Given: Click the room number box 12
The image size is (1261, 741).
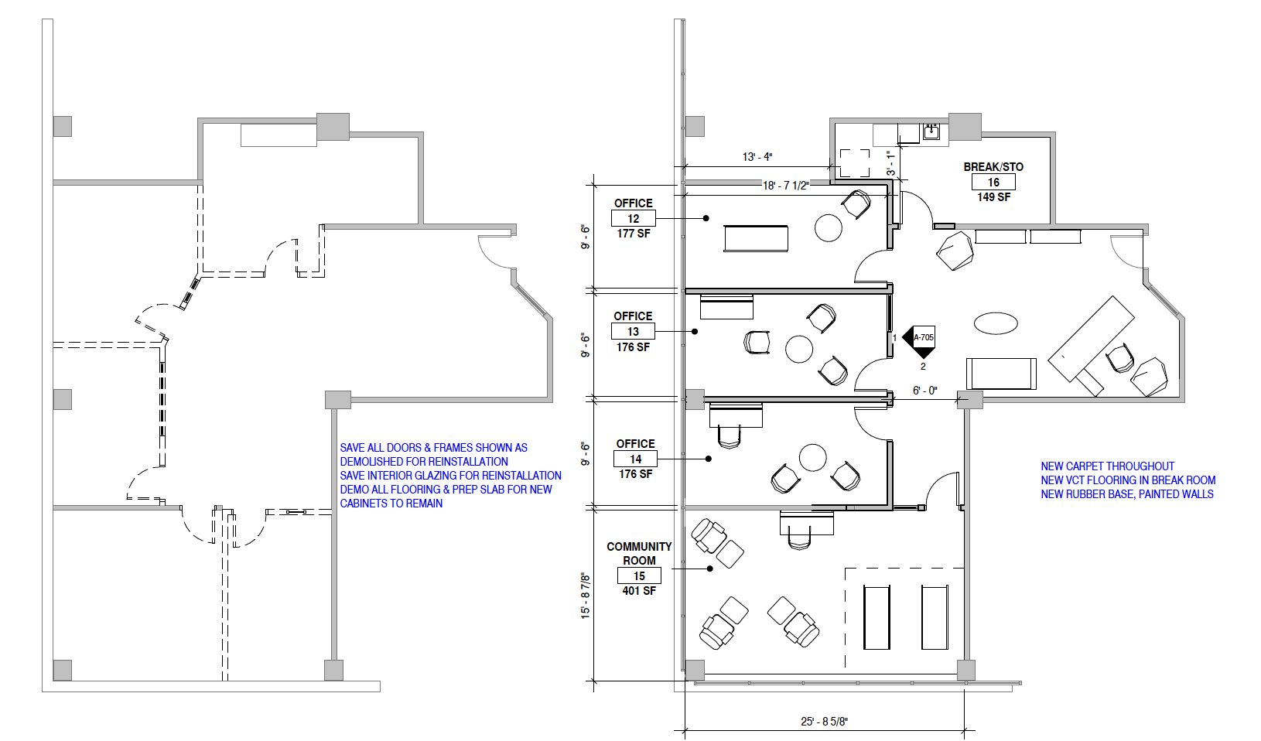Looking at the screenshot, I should (x=633, y=219).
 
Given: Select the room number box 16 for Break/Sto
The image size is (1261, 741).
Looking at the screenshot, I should (x=993, y=183).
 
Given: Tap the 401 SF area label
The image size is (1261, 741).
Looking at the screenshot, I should (x=639, y=591).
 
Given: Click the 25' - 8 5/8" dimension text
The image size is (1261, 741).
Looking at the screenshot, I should (x=824, y=722).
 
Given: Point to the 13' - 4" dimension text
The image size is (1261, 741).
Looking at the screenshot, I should (x=757, y=157).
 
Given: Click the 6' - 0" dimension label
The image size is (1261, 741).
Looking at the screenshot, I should (x=924, y=391).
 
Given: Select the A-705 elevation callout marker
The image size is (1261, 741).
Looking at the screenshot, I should (x=921, y=338).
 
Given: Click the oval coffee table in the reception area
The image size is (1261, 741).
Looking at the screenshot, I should (x=996, y=323).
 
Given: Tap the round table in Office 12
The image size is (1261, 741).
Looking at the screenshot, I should (x=828, y=228).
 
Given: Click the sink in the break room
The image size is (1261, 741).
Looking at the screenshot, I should (x=931, y=131).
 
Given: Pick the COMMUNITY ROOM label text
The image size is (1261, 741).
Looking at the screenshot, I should (x=639, y=553).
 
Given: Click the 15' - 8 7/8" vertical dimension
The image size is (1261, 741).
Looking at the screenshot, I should (x=586, y=595).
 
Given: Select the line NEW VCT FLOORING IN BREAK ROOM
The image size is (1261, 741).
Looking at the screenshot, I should (x=1128, y=480).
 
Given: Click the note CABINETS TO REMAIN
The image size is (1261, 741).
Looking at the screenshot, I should (x=391, y=504).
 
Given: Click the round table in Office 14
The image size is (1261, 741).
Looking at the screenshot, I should (x=812, y=457).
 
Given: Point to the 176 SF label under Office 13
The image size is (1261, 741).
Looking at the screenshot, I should (x=633, y=347).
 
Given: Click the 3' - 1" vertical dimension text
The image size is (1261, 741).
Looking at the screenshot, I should (x=890, y=162).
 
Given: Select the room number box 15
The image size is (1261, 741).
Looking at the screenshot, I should (x=639, y=576).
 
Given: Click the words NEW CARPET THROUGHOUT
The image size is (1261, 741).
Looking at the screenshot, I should (x=1107, y=466).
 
